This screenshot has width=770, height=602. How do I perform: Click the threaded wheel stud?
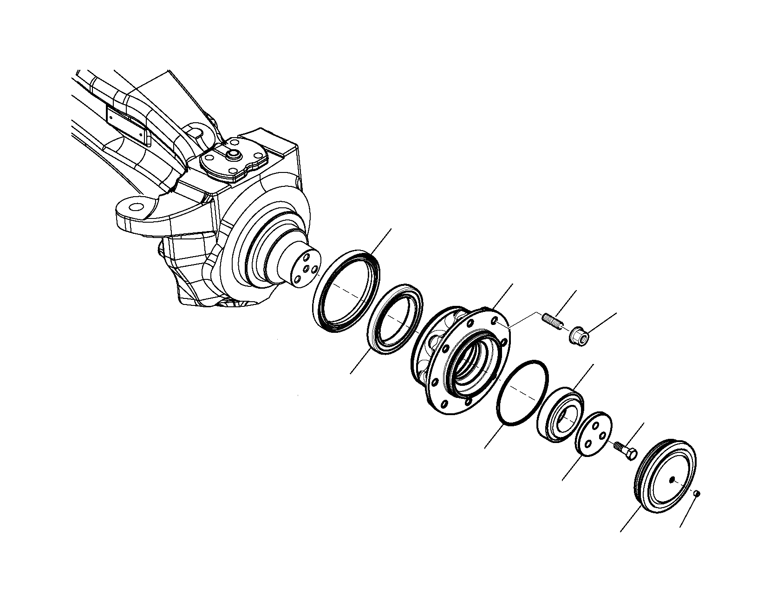(x=553, y=322)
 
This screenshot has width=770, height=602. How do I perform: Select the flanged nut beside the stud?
(x=578, y=335)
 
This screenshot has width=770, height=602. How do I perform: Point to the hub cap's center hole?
(x=673, y=479)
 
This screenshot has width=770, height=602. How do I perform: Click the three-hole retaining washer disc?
(x=594, y=434)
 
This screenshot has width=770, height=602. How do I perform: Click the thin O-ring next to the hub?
(x=522, y=392)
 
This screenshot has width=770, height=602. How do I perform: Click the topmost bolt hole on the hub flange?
(x=496, y=321)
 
